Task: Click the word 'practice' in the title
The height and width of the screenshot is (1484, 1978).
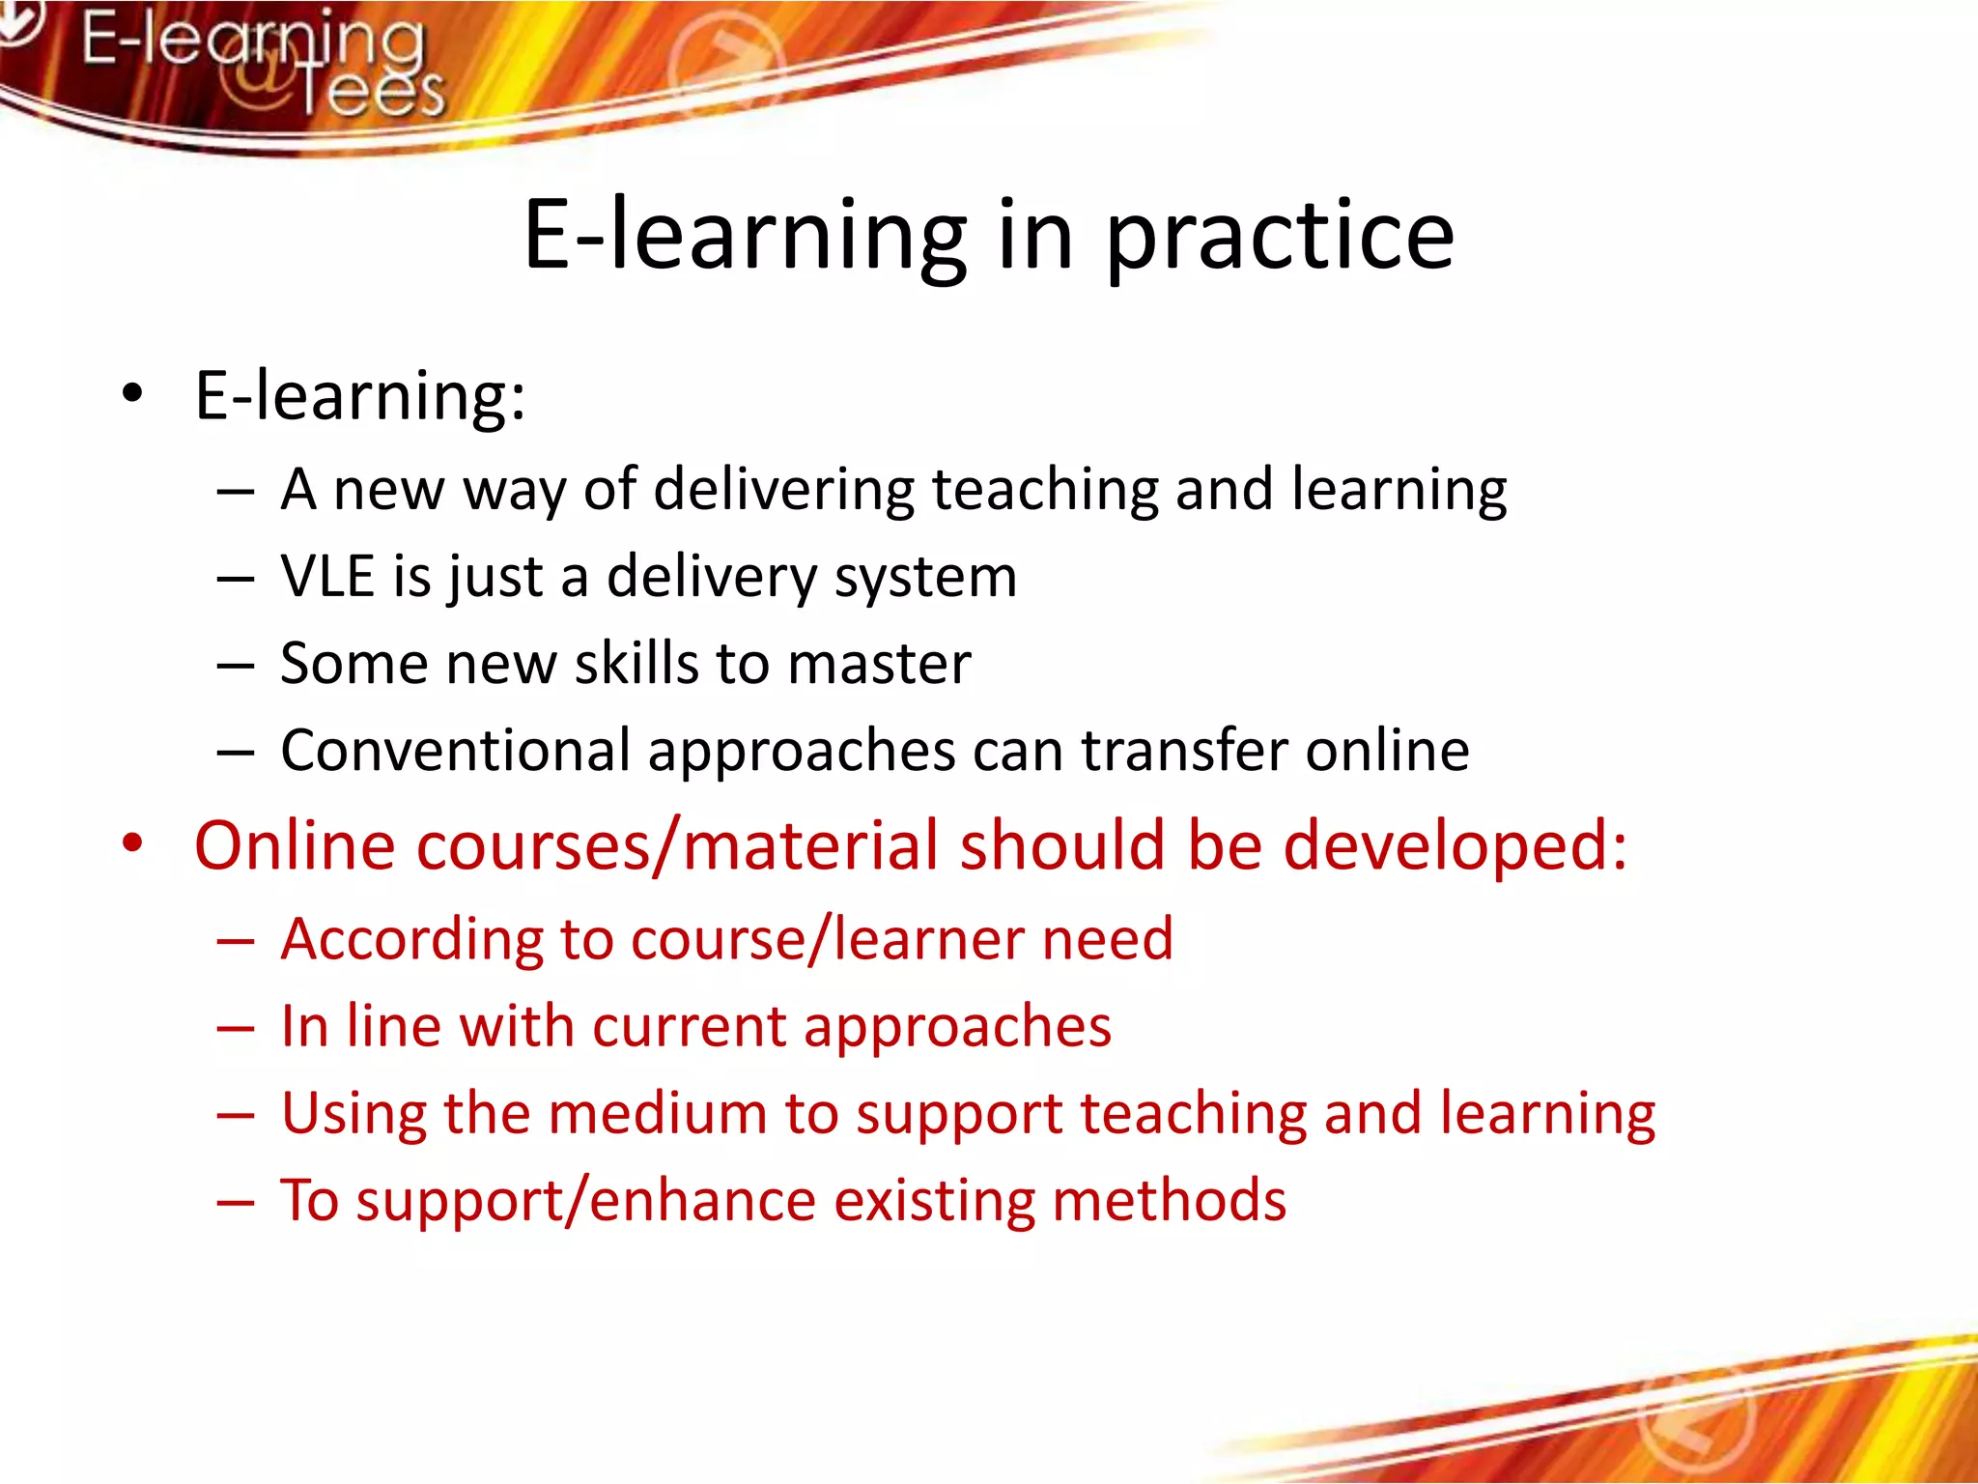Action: click(x=1279, y=237)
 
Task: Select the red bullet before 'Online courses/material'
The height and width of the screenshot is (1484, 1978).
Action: click(x=132, y=843)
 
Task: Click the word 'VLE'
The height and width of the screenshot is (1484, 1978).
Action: click(x=327, y=577)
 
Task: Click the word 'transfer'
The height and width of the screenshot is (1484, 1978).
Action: click(x=1184, y=751)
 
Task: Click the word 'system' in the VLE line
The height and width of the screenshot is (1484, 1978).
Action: click(x=925, y=579)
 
